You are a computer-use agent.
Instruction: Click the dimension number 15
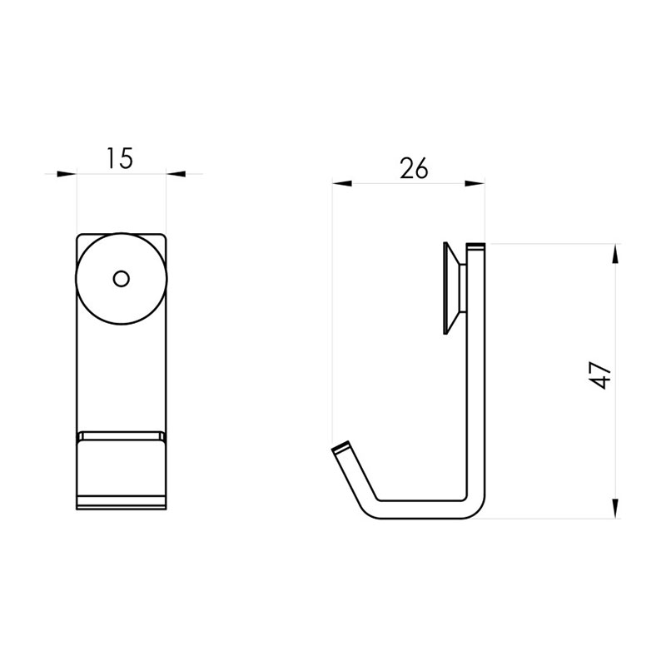coord(120,157)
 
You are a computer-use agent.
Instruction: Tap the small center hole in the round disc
coord(121,278)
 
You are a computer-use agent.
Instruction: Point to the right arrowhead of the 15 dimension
coord(176,174)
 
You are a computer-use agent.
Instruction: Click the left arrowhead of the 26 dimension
coord(342,185)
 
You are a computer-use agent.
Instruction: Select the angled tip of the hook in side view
coord(340,450)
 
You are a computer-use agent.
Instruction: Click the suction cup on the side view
coord(455,288)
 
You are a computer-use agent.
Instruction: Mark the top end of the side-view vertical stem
coord(475,247)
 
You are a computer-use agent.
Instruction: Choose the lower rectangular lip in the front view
coord(121,469)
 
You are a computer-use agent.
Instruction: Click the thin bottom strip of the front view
coord(121,504)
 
